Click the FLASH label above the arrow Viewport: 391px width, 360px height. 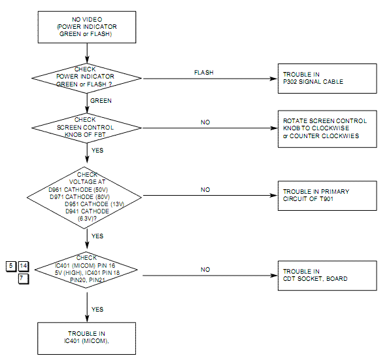(204, 73)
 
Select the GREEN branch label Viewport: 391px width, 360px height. (101, 101)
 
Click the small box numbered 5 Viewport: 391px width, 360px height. (11, 266)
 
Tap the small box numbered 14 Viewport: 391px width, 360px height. (24, 266)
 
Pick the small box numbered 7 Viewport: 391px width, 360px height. (24, 279)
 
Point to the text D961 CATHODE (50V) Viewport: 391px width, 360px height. (78, 189)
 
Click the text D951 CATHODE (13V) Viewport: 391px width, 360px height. (95, 204)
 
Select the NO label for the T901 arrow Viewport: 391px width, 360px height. (205, 190)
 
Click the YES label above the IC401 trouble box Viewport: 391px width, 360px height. (97, 310)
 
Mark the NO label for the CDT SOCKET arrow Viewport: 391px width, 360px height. (205, 270)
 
